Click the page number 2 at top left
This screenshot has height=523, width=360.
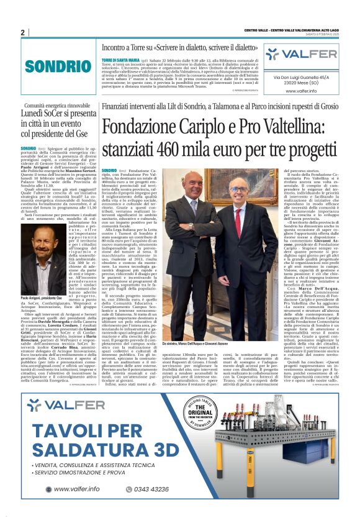[22, 32]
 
